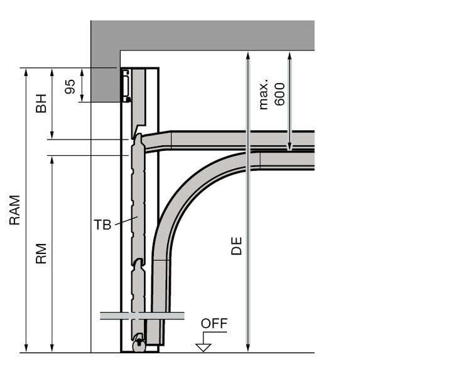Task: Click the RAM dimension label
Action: [x=14, y=210]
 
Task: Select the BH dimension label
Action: [x=41, y=103]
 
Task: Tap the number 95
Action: [x=70, y=87]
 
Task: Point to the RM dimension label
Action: [x=41, y=253]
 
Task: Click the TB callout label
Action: [x=102, y=224]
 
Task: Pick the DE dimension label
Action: [x=236, y=246]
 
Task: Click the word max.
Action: [x=263, y=94]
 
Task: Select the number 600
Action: [x=279, y=94]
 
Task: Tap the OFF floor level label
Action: [x=214, y=324]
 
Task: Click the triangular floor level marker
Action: [x=203, y=348]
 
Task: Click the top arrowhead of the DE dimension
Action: [x=248, y=55]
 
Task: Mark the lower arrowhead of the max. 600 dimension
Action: [x=290, y=146]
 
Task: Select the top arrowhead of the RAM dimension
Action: [x=26, y=72]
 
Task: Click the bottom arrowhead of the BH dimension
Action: [x=52, y=135]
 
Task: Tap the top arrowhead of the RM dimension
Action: [x=52, y=160]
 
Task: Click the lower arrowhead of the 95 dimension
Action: [x=82, y=98]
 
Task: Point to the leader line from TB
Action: [x=126, y=221]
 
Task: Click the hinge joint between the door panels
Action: [x=138, y=263]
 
